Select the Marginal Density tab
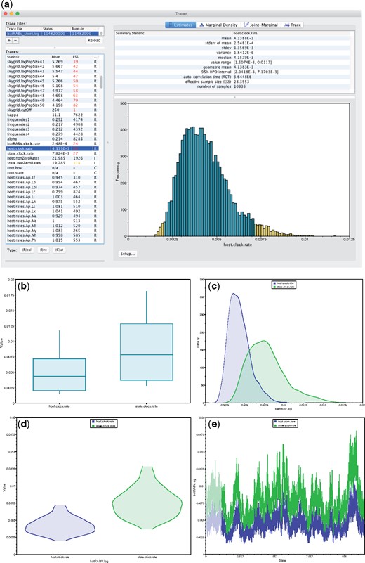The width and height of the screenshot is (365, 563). [x=231, y=24]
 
